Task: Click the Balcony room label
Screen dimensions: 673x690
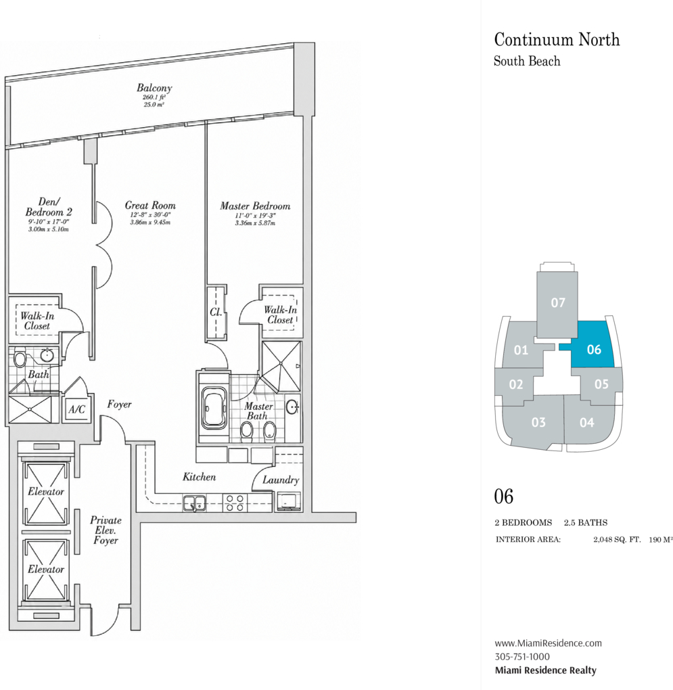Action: (x=154, y=87)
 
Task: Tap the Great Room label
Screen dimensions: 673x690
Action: (x=150, y=205)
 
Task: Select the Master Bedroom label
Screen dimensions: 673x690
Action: (x=255, y=206)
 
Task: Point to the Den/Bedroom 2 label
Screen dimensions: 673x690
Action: (x=49, y=207)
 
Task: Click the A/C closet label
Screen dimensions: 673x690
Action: (x=76, y=410)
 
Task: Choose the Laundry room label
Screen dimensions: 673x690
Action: (x=281, y=480)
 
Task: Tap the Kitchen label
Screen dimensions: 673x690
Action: (x=200, y=477)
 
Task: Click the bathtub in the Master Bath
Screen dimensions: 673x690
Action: (x=214, y=408)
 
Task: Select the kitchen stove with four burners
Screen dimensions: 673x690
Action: (x=235, y=503)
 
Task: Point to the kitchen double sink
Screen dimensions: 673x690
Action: (x=194, y=503)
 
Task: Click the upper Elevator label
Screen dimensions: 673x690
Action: (x=46, y=492)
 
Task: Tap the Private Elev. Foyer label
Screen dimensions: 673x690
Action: (x=106, y=530)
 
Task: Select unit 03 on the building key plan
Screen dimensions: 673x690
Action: (x=538, y=422)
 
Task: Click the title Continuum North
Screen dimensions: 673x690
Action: (x=557, y=40)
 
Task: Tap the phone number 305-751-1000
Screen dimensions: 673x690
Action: (x=522, y=657)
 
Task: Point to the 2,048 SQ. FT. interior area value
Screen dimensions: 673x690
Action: (x=617, y=540)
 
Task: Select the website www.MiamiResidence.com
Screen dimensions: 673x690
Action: (x=548, y=643)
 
